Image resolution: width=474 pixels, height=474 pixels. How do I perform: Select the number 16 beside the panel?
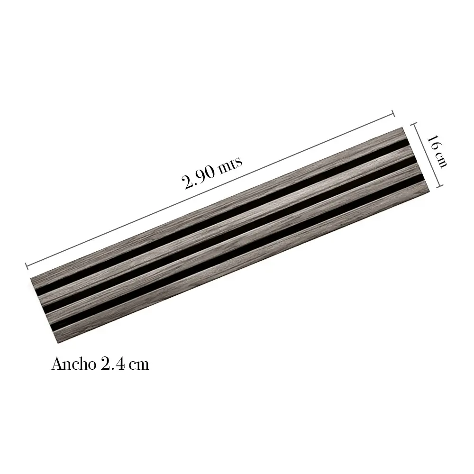433,142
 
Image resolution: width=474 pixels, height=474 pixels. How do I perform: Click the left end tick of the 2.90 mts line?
27,266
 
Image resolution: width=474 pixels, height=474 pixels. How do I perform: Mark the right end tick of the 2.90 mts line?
393,113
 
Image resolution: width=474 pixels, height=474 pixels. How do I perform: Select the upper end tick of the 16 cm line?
414,124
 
